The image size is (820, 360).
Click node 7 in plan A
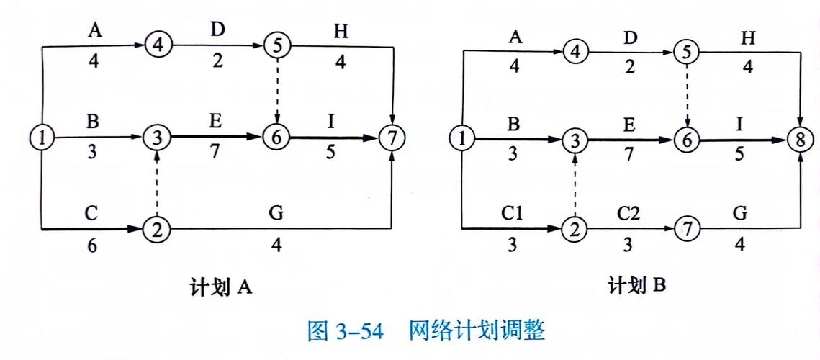(x=392, y=138)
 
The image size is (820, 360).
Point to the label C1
(x=513, y=214)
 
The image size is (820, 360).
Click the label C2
(x=628, y=214)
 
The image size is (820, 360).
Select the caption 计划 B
(x=638, y=287)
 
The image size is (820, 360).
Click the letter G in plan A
(x=276, y=213)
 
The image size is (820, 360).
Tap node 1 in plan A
(x=42, y=138)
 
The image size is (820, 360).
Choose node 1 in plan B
(x=461, y=138)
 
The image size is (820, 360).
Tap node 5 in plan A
(x=276, y=45)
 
